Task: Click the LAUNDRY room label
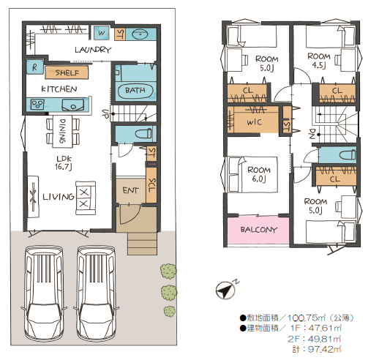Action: point(93,50)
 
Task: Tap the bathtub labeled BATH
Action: point(135,91)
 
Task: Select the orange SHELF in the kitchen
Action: point(67,72)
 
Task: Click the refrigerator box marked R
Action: point(34,67)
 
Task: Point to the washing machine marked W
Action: point(102,33)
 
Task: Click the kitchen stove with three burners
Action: point(37,105)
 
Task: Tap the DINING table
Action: point(62,131)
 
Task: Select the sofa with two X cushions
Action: point(86,198)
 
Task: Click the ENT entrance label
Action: point(130,190)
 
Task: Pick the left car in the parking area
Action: point(44,293)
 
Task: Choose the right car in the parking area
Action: point(96,293)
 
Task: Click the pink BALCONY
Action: point(258,230)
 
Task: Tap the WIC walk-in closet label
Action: point(254,122)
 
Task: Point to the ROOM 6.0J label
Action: point(259,174)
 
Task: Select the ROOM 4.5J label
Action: point(319,60)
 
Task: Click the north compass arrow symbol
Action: point(225,290)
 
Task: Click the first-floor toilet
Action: point(143,133)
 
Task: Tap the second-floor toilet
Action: point(348,154)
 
